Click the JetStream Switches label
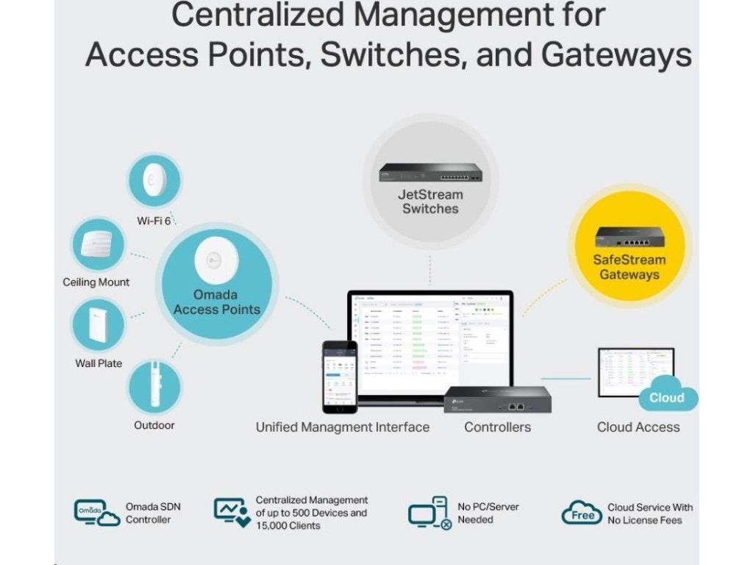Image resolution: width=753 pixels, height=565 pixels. [430, 202]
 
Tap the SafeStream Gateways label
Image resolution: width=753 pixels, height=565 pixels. [629, 267]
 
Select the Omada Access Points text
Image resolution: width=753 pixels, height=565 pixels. [217, 302]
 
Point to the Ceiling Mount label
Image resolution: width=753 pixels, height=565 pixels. [96, 282]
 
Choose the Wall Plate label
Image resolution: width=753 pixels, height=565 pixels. [99, 363]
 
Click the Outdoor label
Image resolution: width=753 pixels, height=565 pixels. [154, 425]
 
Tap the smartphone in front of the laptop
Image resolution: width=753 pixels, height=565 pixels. [340, 376]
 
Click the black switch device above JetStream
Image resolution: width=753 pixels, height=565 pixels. [430, 174]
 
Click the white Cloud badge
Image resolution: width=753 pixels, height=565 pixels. [665, 397]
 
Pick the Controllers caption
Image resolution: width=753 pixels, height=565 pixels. [497, 427]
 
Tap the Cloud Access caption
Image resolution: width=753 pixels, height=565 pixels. [638, 427]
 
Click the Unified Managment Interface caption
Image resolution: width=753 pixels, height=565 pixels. [343, 427]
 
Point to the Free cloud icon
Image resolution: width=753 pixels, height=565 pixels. [582, 513]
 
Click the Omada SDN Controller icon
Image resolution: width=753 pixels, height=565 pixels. [96, 512]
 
